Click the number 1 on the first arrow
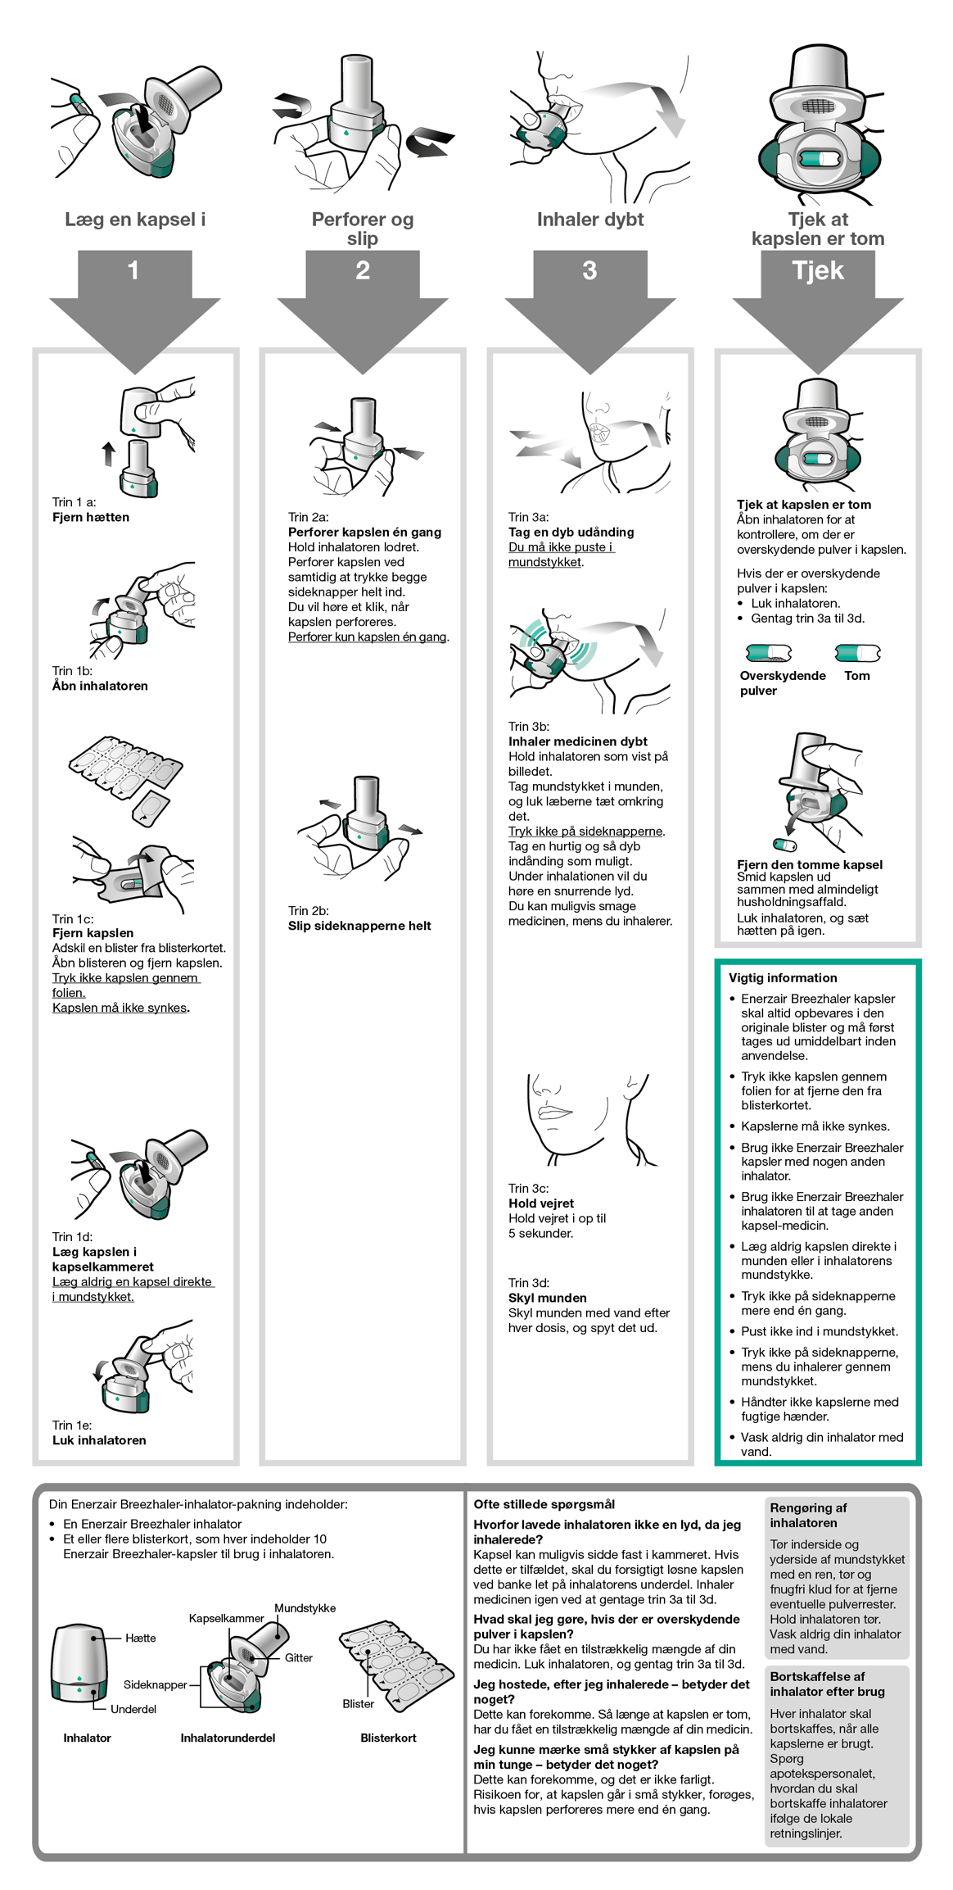click(133, 270)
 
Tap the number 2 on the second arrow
click(363, 270)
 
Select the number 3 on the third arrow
click(589, 270)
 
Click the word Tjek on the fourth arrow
click(818, 270)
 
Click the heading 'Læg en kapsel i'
click(135, 220)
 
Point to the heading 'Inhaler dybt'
click(590, 220)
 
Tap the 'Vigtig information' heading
click(783, 977)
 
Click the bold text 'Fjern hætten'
click(91, 517)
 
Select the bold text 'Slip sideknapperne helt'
click(359, 926)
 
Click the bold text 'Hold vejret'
click(541, 1203)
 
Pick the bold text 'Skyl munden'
click(548, 1298)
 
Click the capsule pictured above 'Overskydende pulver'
click(769, 653)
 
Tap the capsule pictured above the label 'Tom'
click(857, 653)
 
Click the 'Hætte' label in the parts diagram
click(140, 1638)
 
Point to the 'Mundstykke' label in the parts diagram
click(305, 1608)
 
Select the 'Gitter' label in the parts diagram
click(299, 1657)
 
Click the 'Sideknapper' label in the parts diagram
click(156, 1684)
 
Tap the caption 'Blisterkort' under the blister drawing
click(388, 1738)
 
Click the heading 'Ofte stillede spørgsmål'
click(544, 1504)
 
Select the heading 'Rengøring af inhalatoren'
click(808, 1515)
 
